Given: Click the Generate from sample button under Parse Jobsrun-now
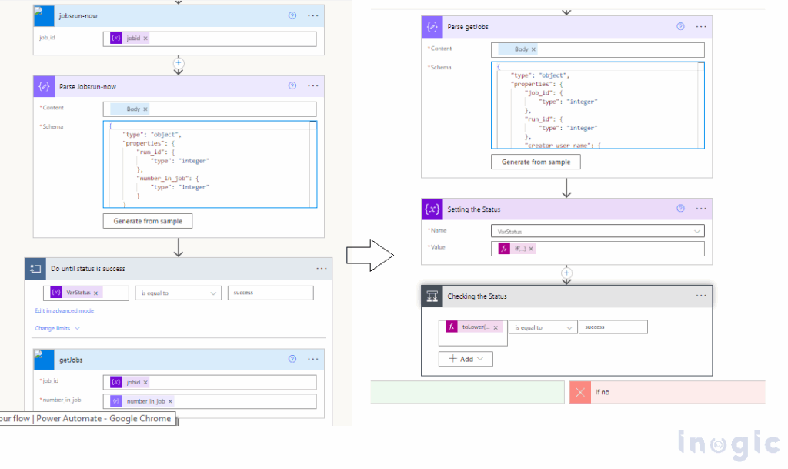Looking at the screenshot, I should (148, 221).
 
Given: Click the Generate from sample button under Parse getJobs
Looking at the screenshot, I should (536, 162).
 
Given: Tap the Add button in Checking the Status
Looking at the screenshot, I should (466, 359).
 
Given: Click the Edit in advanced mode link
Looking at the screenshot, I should (64, 310).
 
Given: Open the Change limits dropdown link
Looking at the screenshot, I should (57, 328).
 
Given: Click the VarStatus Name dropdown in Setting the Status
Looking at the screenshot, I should (597, 230).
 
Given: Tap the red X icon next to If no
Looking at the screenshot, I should (580, 392).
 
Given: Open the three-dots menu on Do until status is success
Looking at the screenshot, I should (322, 269).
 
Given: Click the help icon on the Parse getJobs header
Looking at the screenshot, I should (680, 26).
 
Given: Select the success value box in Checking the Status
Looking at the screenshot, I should (613, 327).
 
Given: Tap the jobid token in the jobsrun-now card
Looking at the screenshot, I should (129, 38).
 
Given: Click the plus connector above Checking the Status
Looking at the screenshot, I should (566, 273).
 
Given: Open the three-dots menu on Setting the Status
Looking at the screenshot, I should (701, 209).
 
